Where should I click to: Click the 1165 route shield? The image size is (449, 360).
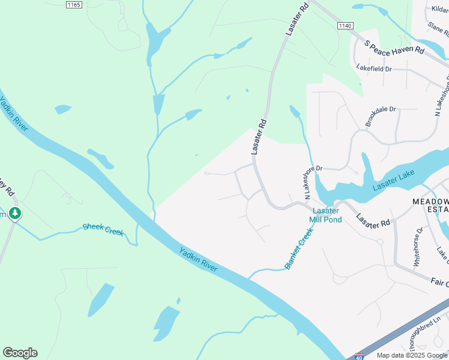click(74, 4)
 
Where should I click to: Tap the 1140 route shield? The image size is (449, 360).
click(345, 26)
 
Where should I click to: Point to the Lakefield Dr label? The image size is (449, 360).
click(373, 69)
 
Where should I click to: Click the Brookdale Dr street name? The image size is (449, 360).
click(381, 117)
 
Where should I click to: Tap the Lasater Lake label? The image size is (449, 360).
click(393, 181)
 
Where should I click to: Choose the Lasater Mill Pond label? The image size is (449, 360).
click(326, 215)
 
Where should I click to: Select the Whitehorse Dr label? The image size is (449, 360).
click(418, 247)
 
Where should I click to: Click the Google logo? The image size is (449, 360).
click(20, 352)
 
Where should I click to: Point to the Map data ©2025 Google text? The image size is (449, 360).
click(411, 355)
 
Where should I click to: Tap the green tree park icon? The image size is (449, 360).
click(15, 213)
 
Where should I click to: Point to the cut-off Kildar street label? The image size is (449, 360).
click(440, 8)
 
